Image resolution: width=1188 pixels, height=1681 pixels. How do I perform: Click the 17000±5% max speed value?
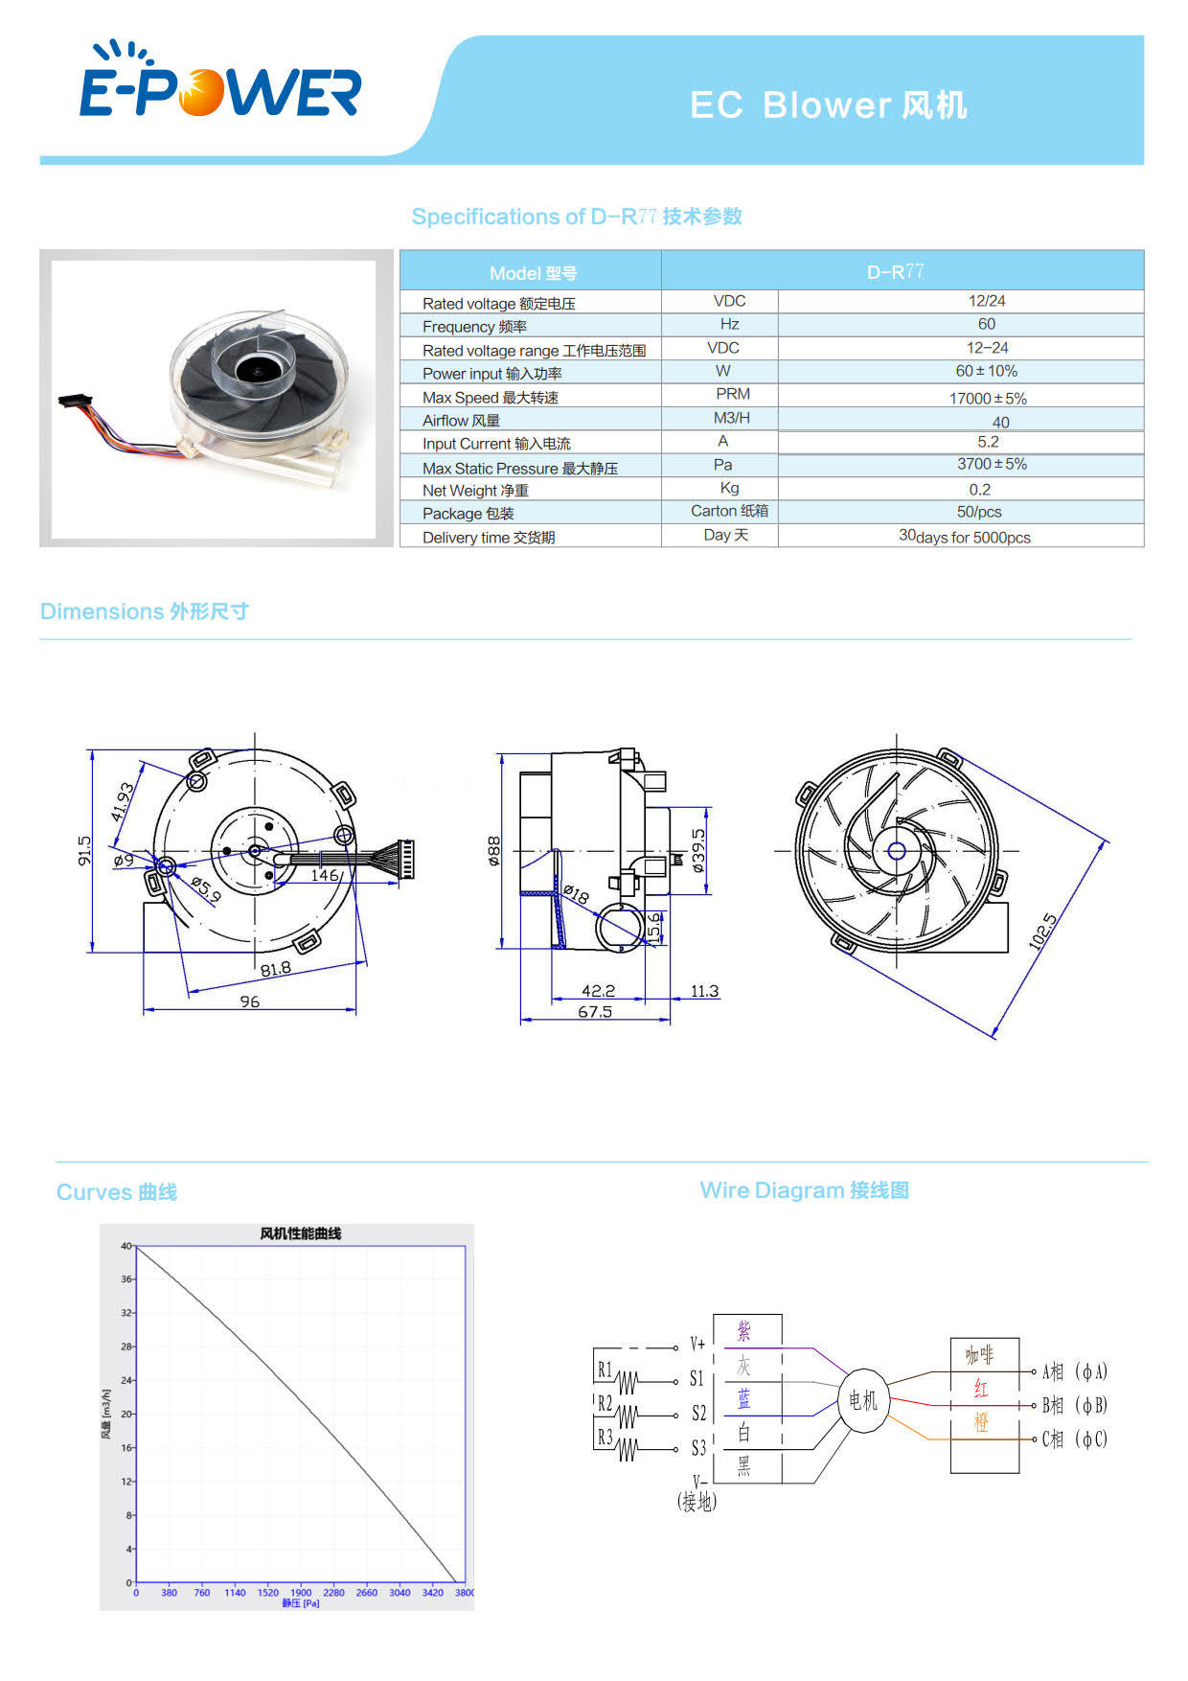click(x=988, y=398)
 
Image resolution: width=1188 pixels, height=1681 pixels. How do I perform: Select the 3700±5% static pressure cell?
click(x=992, y=464)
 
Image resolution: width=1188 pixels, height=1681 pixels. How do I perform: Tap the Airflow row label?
click(x=461, y=421)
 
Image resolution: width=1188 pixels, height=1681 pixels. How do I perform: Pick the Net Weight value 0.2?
click(x=979, y=489)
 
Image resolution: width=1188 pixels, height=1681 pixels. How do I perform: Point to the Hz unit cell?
click(x=729, y=324)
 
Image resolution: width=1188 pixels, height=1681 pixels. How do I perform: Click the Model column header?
click(x=533, y=273)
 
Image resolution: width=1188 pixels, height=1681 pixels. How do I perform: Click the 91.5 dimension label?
click(x=84, y=850)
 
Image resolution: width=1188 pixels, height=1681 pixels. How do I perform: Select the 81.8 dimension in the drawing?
click(x=276, y=969)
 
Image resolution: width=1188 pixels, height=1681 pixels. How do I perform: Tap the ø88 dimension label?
click(x=493, y=850)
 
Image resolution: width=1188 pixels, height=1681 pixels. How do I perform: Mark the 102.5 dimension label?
click(x=1043, y=932)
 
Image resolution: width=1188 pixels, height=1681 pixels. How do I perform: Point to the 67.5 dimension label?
click(x=595, y=1012)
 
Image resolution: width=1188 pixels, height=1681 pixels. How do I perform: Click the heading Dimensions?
click(x=145, y=611)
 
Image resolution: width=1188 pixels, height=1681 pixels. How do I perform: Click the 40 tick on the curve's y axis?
click(x=126, y=1246)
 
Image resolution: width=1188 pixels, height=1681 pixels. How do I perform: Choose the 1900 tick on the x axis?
click(x=301, y=1593)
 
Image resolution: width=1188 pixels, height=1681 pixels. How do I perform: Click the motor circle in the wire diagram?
click(x=863, y=1401)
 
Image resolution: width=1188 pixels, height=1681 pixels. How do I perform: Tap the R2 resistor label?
click(x=605, y=1403)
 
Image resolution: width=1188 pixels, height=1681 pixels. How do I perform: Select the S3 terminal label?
click(x=698, y=1447)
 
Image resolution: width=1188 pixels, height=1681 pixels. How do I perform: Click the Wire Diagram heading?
click(x=804, y=1190)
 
